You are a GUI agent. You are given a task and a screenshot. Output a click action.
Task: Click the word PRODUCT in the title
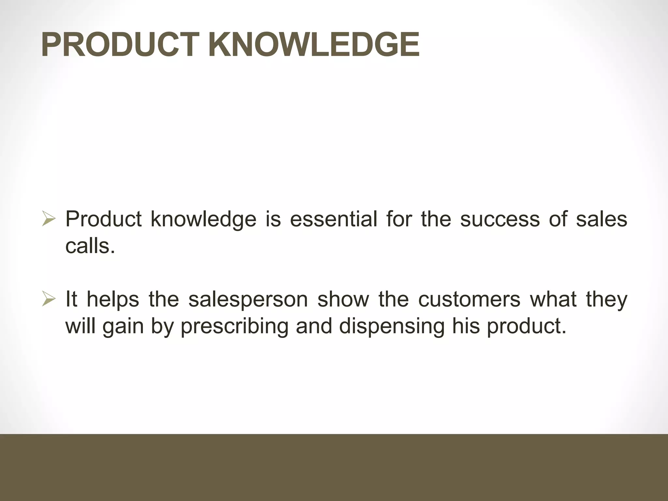[x=120, y=45]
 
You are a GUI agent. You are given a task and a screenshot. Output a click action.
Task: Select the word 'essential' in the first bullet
[x=333, y=219]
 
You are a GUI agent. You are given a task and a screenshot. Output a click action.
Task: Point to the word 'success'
[x=500, y=219]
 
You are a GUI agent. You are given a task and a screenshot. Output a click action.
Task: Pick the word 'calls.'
[x=90, y=246]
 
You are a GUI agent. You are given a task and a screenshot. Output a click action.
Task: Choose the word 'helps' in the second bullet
[x=113, y=299]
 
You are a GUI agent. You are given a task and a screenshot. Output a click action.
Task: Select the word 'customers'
[x=469, y=299]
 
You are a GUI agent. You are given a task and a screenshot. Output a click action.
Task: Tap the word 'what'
[x=553, y=299]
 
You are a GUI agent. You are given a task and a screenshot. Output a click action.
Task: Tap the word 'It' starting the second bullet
[x=71, y=299]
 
